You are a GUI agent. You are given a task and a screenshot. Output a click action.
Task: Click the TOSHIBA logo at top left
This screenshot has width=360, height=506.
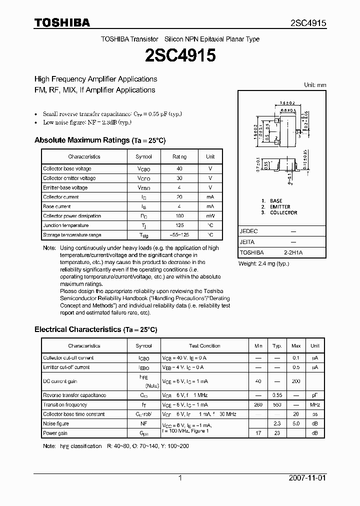point(62,23)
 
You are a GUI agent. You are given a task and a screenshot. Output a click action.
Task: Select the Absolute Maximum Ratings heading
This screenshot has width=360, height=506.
point(99,140)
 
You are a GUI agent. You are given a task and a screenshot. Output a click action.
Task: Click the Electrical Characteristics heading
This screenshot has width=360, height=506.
point(95,329)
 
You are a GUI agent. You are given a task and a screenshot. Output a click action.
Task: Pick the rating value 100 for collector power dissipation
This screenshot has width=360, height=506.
point(179,216)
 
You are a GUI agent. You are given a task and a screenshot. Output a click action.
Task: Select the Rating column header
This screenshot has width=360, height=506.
point(179,156)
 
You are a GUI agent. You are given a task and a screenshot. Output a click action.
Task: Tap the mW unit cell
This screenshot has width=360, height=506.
point(210,216)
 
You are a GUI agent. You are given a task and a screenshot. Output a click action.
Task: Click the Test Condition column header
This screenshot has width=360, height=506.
point(204,346)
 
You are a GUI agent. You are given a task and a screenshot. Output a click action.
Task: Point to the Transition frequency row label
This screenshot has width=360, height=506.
point(65,405)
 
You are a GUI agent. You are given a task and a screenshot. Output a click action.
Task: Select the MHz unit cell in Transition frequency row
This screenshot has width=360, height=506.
point(314,405)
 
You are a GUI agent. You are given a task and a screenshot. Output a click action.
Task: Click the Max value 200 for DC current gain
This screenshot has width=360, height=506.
point(296,381)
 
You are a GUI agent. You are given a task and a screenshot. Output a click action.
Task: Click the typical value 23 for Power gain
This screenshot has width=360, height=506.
point(277,433)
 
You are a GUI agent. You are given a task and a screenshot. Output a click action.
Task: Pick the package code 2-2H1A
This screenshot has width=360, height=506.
point(293,252)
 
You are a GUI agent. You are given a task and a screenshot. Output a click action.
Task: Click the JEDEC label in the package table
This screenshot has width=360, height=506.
point(248,231)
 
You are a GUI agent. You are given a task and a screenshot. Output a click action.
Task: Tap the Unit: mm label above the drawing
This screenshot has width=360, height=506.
point(315,85)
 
